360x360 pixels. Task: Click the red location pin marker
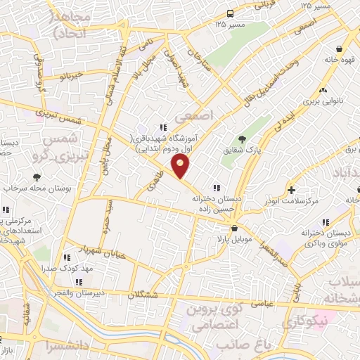click(180, 166)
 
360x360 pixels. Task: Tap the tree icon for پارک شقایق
click(243, 139)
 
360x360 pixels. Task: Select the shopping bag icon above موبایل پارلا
click(233, 228)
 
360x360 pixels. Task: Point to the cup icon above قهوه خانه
click(340, 49)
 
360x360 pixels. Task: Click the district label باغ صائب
click(245, 345)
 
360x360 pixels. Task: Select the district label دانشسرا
click(68, 346)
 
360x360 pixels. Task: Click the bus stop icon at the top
click(231, 13)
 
